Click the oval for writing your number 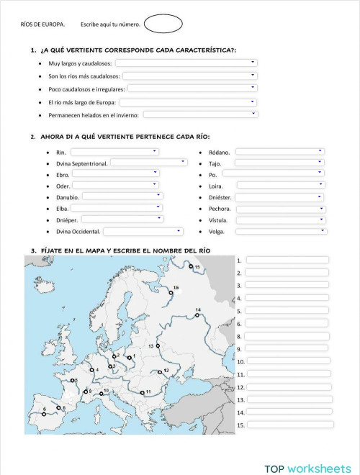pyautogui.click(x=163, y=24)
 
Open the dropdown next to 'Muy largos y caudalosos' pyautogui.click(x=186, y=63)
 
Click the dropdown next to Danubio pyautogui.click(x=122, y=196)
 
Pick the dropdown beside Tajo pyautogui.click(x=279, y=163)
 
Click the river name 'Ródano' pyautogui.click(x=220, y=153)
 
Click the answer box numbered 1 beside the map pyautogui.click(x=287, y=260)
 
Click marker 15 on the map pyautogui.click(x=192, y=266)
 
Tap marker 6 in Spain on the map pyautogui.click(x=44, y=414)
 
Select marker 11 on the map pyautogui.click(x=140, y=392)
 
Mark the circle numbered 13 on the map pyautogui.click(x=158, y=346)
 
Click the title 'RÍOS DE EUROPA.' pyautogui.click(x=42, y=25)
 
